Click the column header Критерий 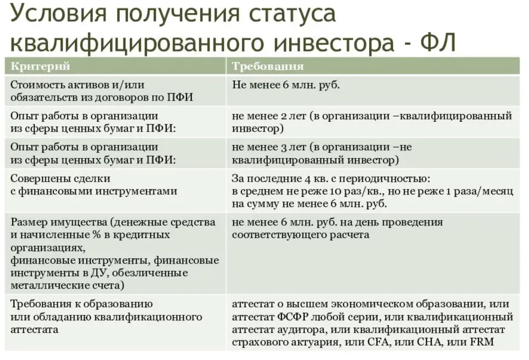tap(40, 66)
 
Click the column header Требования tap(267, 66)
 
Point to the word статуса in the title tap(292, 14)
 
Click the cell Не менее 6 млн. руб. tap(286, 85)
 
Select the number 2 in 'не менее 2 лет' tap(284, 116)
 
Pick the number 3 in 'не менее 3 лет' tap(284, 147)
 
